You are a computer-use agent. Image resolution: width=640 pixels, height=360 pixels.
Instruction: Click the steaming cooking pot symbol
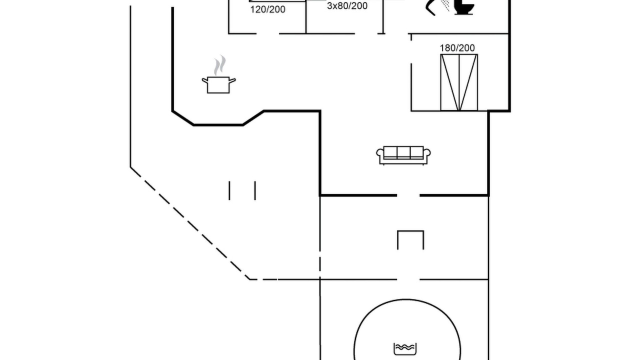[x=218, y=75]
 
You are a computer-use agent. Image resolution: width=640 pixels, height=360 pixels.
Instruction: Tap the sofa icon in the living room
[x=403, y=155]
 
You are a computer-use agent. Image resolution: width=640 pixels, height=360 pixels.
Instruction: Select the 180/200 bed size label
[x=457, y=48]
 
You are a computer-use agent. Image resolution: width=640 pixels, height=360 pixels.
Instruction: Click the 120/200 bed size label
[x=267, y=9]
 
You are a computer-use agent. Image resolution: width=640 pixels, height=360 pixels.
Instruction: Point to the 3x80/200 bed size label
[x=347, y=5]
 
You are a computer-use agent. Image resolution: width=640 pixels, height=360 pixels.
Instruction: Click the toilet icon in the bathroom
[x=464, y=7]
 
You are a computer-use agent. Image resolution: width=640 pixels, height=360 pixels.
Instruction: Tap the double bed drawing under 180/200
[x=459, y=82]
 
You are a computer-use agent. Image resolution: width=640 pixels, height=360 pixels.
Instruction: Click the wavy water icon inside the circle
[x=405, y=349]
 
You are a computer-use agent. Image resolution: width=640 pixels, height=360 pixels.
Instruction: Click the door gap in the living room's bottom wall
[x=408, y=195]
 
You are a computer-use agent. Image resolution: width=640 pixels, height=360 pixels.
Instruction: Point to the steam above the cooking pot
[x=219, y=65]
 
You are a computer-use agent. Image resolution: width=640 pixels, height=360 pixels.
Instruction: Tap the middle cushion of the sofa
[x=403, y=152]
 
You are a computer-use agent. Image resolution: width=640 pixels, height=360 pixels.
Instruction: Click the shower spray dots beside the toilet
[x=445, y=5]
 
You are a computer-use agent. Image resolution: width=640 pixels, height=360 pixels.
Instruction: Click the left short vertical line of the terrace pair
[x=229, y=190]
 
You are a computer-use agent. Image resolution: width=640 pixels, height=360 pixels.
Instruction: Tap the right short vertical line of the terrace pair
[x=255, y=190]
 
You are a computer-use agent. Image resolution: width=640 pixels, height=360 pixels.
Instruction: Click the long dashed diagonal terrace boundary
[x=190, y=223]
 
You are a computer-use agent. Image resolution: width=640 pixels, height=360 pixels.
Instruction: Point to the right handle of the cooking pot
[x=232, y=81]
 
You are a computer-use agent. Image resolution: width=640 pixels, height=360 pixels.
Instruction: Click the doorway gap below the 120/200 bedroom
[x=267, y=33]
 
